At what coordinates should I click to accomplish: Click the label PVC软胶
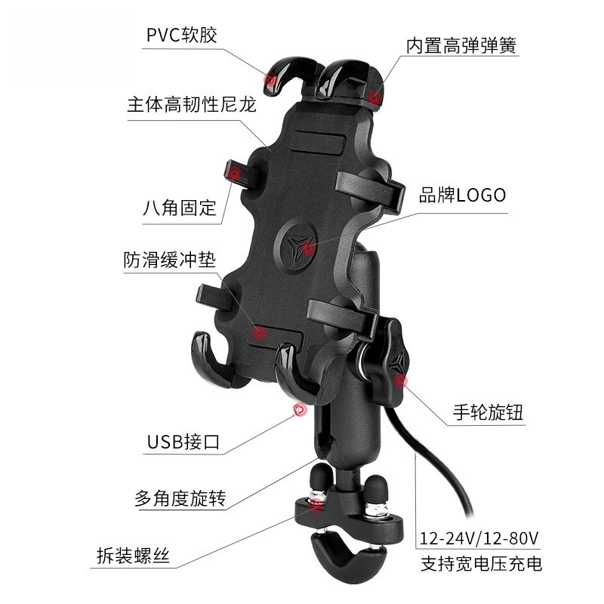coord(182,35)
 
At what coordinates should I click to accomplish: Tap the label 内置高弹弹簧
coord(461,45)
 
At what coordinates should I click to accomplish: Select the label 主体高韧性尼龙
coord(192,104)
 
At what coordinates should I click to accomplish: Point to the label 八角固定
coord(180,208)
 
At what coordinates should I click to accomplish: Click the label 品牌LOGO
coord(462,195)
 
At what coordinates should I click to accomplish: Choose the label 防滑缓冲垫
coord(169,260)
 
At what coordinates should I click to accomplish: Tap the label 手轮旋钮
coord(488,412)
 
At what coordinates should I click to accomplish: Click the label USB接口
coord(183,442)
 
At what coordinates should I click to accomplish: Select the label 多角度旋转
coord(180,498)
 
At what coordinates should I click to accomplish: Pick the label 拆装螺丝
coord(134,556)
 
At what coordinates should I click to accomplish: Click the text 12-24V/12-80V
coord(479,538)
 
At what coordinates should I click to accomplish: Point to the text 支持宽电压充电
coord(481,563)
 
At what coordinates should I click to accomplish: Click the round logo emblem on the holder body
coord(296,246)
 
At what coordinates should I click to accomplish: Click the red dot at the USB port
coord(299,410)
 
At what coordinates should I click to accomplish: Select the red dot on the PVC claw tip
coord(270,80)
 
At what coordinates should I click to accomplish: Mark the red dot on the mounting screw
coord(316,504)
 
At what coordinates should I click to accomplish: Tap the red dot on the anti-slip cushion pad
coord(260,331)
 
